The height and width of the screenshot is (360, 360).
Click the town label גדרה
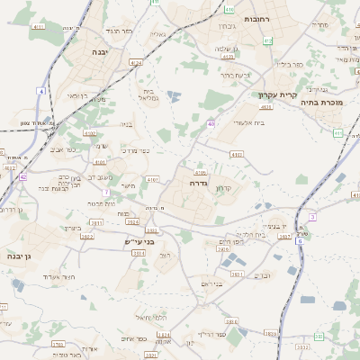[200, 182]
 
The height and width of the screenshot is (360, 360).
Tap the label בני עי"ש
[140, 241]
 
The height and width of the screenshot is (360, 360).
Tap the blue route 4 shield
[40, 92]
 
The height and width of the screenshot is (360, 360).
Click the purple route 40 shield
[210, 123]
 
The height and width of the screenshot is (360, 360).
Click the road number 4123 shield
[265, 106]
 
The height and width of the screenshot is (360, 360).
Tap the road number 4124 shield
[136, 63]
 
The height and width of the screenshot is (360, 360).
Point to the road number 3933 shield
[302, 346]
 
